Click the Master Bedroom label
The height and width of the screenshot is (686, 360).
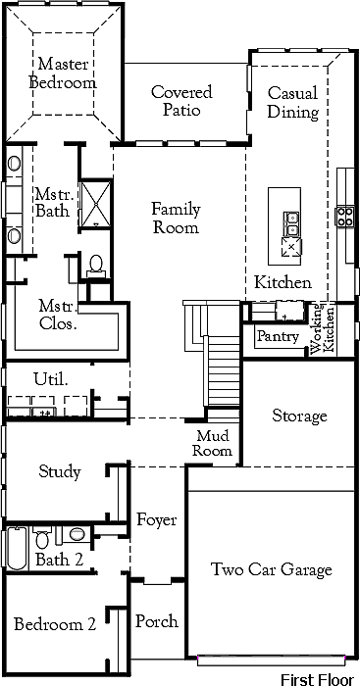(63, 73)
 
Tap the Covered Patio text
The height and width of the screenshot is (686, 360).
(181, 101)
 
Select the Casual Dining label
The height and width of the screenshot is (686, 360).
(293, 102)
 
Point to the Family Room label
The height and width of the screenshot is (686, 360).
(176, 218)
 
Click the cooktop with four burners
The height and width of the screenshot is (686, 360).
(344, 217)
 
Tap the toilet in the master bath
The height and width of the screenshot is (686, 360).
(95, 267)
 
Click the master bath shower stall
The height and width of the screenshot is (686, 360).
(95, 204)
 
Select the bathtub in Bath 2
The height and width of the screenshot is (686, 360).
(17, 549)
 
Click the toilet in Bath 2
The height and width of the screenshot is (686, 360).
(42, 537)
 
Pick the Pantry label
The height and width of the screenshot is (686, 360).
(279, 336)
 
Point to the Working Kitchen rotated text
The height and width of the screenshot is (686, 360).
(323, 328)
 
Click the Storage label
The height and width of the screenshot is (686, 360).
(299, 416)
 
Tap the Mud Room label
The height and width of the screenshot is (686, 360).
(213, 443)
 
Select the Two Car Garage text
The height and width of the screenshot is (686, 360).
(272, 569)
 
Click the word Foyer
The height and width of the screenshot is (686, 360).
(156, 520)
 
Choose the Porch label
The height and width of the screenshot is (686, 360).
(157, 621)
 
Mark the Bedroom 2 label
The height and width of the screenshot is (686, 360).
(55, 624)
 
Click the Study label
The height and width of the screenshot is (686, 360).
(60, 472)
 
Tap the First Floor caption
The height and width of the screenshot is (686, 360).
(317, 679)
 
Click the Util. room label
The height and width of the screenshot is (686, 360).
(51, 379)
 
